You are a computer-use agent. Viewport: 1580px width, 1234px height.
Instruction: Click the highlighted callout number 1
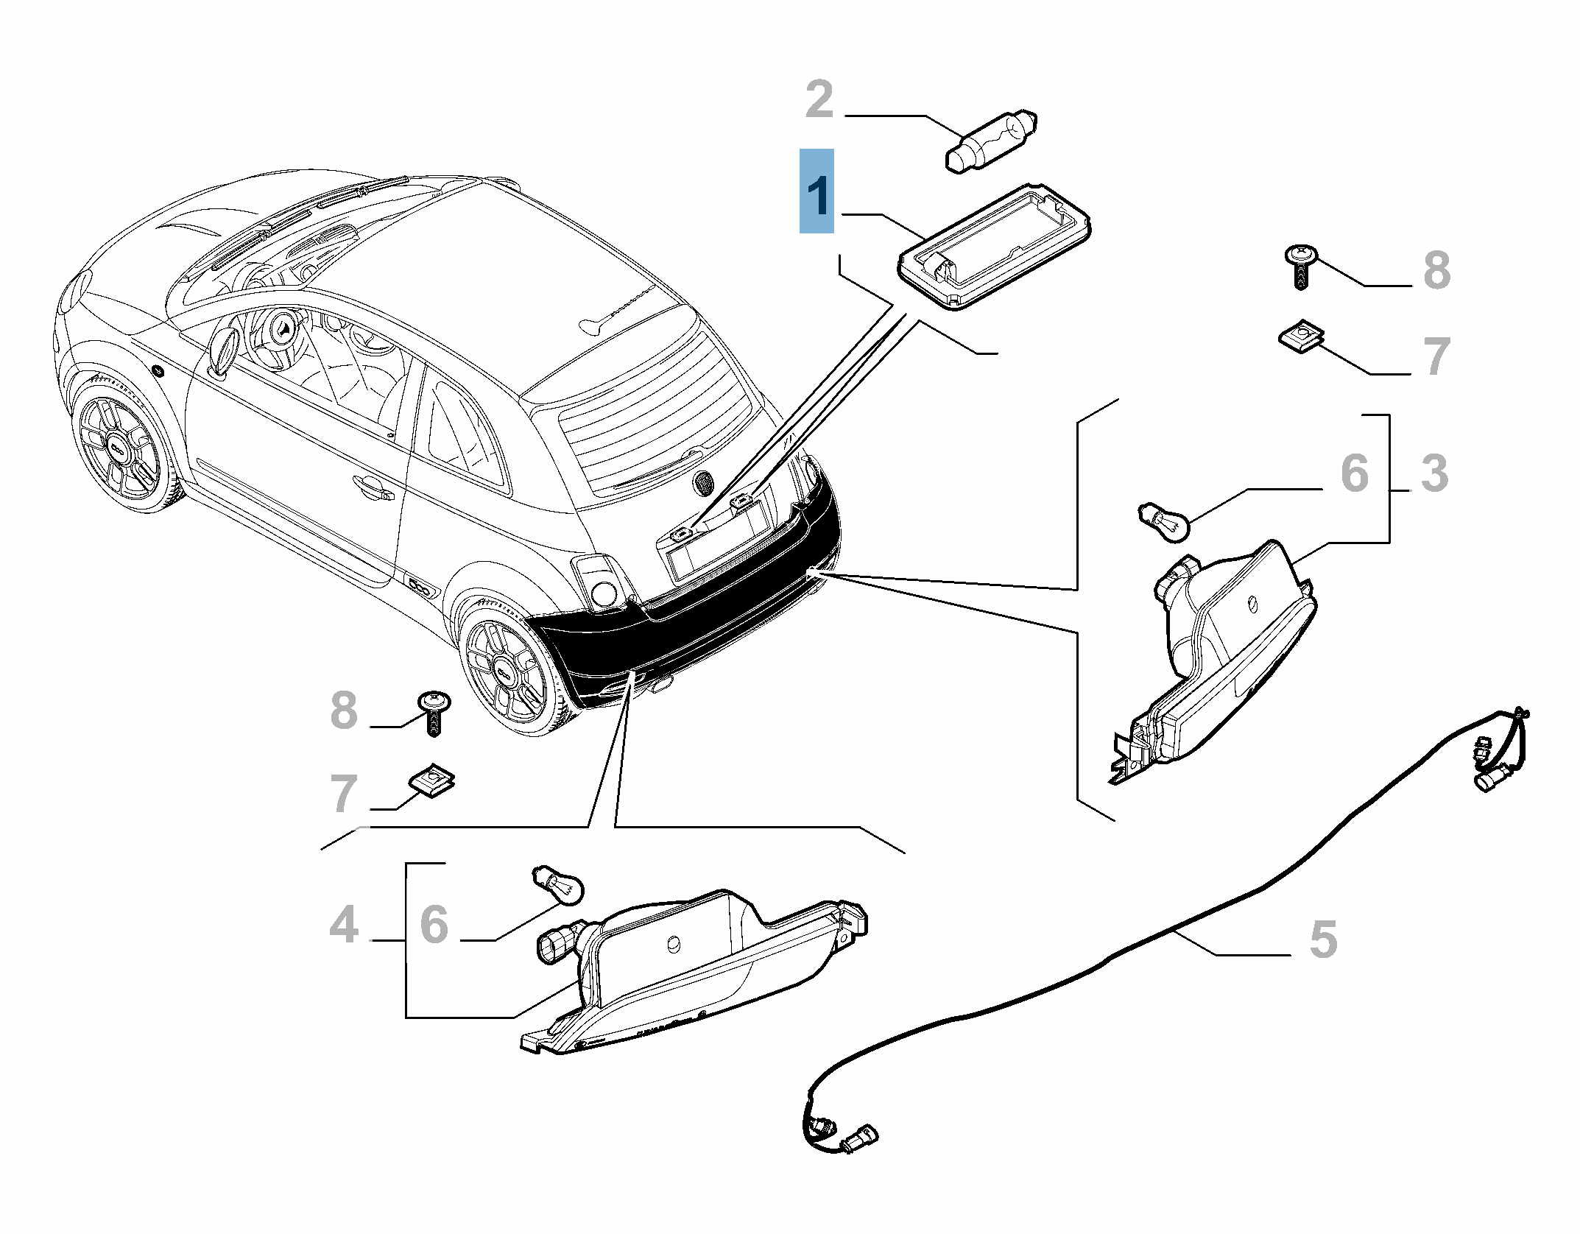(817, 192)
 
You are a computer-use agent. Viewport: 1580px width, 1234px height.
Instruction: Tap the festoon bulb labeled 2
(990, 141)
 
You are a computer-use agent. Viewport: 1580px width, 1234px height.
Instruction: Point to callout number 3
(1434, 473)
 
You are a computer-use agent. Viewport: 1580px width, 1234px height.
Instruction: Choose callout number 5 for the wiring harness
(1323, 939)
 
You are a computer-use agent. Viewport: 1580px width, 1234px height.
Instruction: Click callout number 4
(344, 925)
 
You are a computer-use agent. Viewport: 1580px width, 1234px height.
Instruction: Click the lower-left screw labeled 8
(434, 711)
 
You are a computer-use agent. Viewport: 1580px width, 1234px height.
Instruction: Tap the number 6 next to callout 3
(1355, 473)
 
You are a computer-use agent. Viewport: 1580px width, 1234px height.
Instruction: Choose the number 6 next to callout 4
(434, 925)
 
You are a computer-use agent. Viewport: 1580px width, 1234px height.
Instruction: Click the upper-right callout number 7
(1436, 356)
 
